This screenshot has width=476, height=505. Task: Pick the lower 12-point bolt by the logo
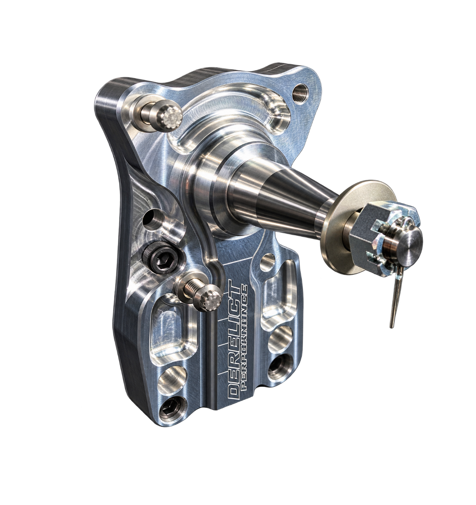pyautogui.click(x=209, y=301)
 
